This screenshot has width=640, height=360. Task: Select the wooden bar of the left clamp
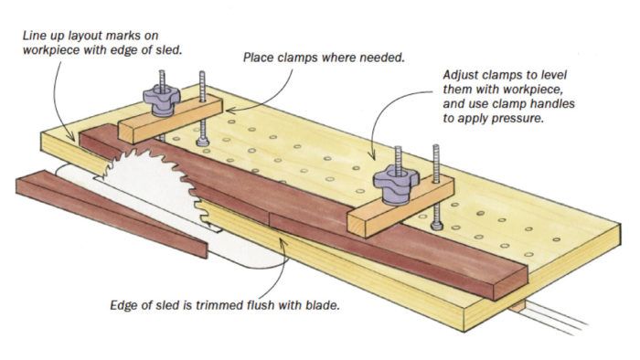[171, 118]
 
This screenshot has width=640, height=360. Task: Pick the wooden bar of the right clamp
[400, 206]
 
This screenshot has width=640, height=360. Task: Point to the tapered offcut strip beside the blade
[111, 212]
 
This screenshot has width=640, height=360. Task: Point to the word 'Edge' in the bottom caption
[123, 305]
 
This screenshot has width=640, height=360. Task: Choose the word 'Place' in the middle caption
[259, 58]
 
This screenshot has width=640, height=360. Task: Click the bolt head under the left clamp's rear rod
[202, 142]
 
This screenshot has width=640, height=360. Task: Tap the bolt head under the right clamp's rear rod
[437, 225]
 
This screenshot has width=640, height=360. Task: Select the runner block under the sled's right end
[517, 306]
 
